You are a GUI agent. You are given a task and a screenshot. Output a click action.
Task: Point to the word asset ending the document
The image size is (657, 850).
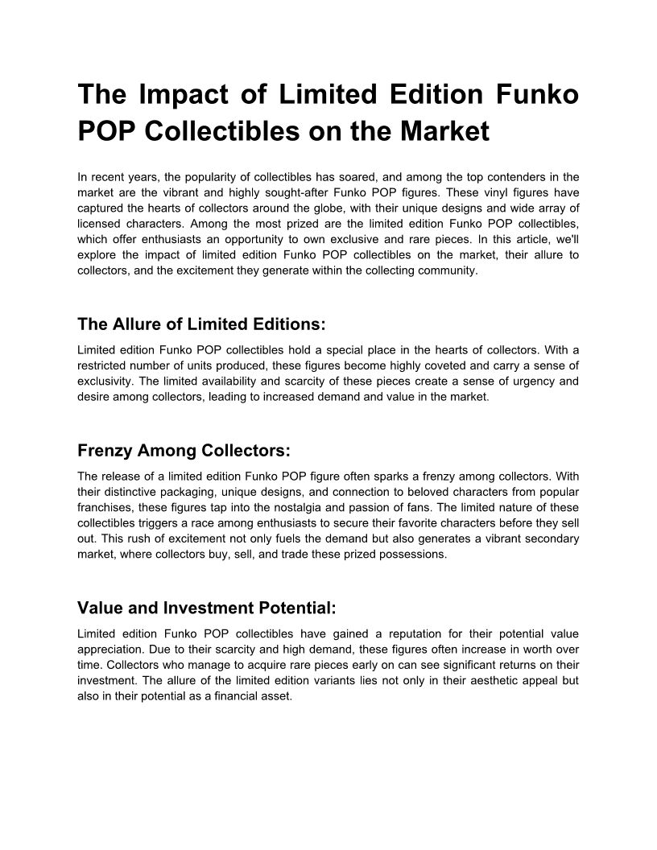[274, 696]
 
